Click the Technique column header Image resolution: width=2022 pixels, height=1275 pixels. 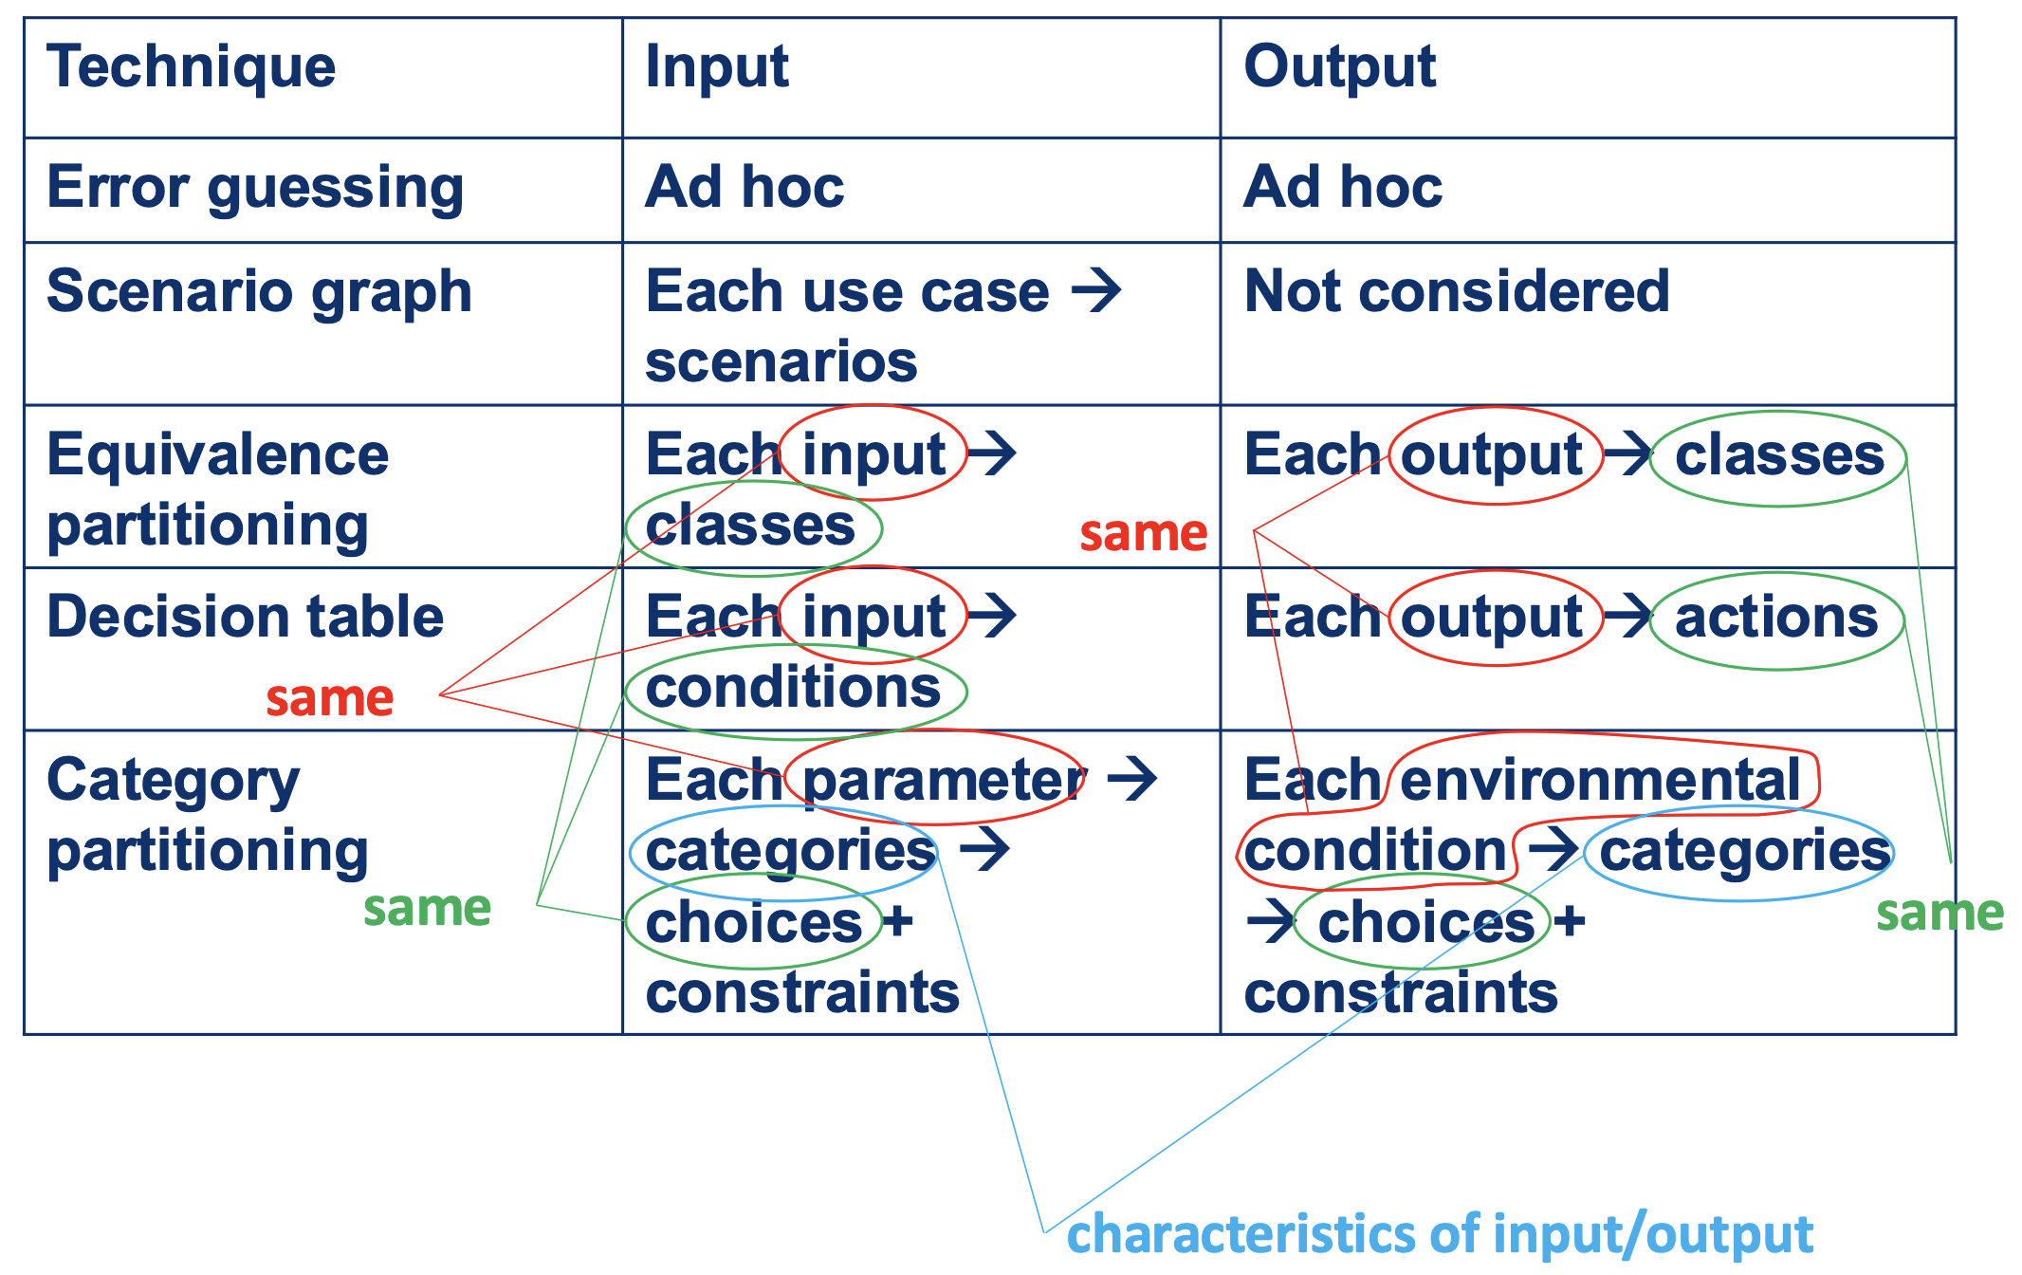[x=192, y=68]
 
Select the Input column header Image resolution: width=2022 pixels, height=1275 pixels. [x=717, y=68]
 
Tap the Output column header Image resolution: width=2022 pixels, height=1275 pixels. [x=1339, y=68]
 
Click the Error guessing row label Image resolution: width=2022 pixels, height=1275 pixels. [x=255, y=189]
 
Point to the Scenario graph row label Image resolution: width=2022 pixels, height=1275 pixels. [x=259, y=293]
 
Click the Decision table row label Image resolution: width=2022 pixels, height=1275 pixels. [x=245, y=617]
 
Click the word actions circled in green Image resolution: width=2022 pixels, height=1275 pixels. [x=1776, y=618]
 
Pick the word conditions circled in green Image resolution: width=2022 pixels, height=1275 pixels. [x=793, y=688]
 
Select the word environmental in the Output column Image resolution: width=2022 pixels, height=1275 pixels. [x=1600, y=780]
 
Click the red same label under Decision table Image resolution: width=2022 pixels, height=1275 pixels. [x=329, y=698]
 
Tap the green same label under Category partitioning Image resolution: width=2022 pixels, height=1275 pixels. [x=427, y=908]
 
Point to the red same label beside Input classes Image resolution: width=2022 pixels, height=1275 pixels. [x=1144, y=533]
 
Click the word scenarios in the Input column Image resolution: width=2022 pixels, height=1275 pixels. [x=781, y=362]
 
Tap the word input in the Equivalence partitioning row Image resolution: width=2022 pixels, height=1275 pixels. [x=873, y=456]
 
